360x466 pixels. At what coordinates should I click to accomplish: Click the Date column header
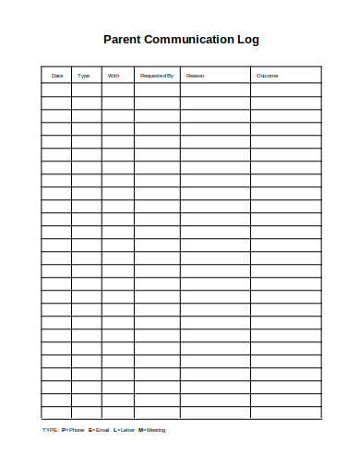[57, 76]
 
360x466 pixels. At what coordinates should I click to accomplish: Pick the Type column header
[84, 76]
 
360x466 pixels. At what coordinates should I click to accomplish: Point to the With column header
[114, 76]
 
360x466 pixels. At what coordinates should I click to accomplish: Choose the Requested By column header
[156, 76]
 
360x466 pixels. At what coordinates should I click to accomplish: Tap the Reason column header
[196, 76]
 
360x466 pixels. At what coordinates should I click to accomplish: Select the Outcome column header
[267, 76]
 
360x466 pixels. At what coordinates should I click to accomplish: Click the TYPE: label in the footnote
[51, 430]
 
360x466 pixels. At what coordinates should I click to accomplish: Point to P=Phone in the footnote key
[73, 430]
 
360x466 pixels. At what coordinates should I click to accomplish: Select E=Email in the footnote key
[99, 430]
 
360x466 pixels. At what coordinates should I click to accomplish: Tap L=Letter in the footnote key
[124, 430]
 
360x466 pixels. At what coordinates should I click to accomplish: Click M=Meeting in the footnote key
[152, 430]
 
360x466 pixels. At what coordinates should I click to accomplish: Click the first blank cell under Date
[57, 90]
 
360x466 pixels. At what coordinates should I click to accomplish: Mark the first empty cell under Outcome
[285, 90]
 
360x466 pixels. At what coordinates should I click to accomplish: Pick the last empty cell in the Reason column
[215, 412]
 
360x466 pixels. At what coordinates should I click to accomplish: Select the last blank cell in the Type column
[87, 412]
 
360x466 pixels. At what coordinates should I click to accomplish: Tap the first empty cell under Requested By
[157, 90]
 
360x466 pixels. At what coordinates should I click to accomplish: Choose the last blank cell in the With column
[117, 412]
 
